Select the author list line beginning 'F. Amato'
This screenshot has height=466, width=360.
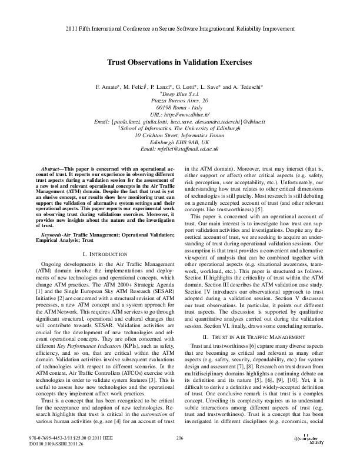point(180,86)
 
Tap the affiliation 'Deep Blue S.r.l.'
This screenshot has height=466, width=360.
point(181,94)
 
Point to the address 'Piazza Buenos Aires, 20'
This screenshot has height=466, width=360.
point(180,100)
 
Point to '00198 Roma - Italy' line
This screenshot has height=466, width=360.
point(180,107)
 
